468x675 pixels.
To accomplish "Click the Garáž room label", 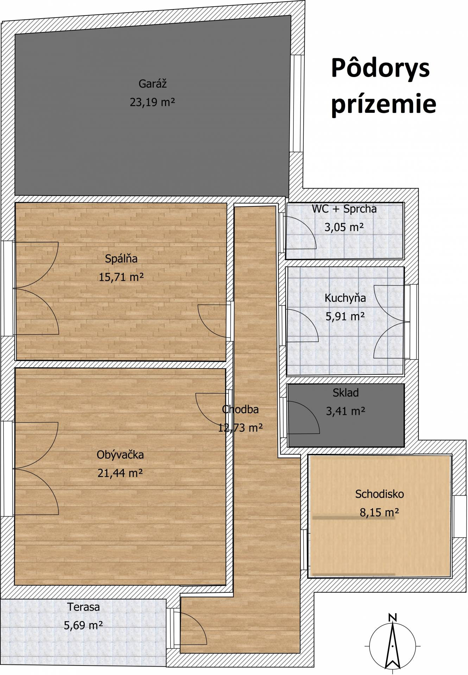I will pyautogui.click(x=152, y=84).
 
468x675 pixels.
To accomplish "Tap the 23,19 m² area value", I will pyautogui.click(x=152, y=102).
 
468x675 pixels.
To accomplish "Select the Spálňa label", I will pyautogui.click(x=121, y=259).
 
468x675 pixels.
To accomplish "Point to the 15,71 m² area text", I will pyautogui.click(x=121, y=277).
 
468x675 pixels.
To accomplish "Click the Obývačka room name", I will pyautogui.click(x=120, y=455).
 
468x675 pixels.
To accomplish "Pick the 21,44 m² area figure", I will pyautogui.click(x=120, y=473).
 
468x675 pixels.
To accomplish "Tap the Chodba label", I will pyautogui.click(x=240, y=409).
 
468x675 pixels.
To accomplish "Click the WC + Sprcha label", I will pyautogui.click(x=344, y=209).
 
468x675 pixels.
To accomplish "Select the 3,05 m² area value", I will pyautogui.click(x=344, y=227).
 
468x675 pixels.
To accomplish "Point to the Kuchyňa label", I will pyautogui.click(x=345, y=298).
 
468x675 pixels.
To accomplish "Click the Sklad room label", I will pyautogui.click(x=346, y=393).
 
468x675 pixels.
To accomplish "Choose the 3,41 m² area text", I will pyautogui.click(x=346, y=411).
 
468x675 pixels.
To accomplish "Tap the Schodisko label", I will pyautogui.click(x=379, y=494).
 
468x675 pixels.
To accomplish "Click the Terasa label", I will pyautogui.click(x=83, y=607).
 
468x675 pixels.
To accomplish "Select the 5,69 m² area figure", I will pyautogui.click(x=83, y=625).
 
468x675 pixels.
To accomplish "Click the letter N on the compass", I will pyautogui.click(x=392, y=617).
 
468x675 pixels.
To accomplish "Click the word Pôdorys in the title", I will pyautogui.click(x=380, y=68).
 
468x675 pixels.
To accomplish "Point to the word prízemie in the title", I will pyautogui.click(x=384, y=104).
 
